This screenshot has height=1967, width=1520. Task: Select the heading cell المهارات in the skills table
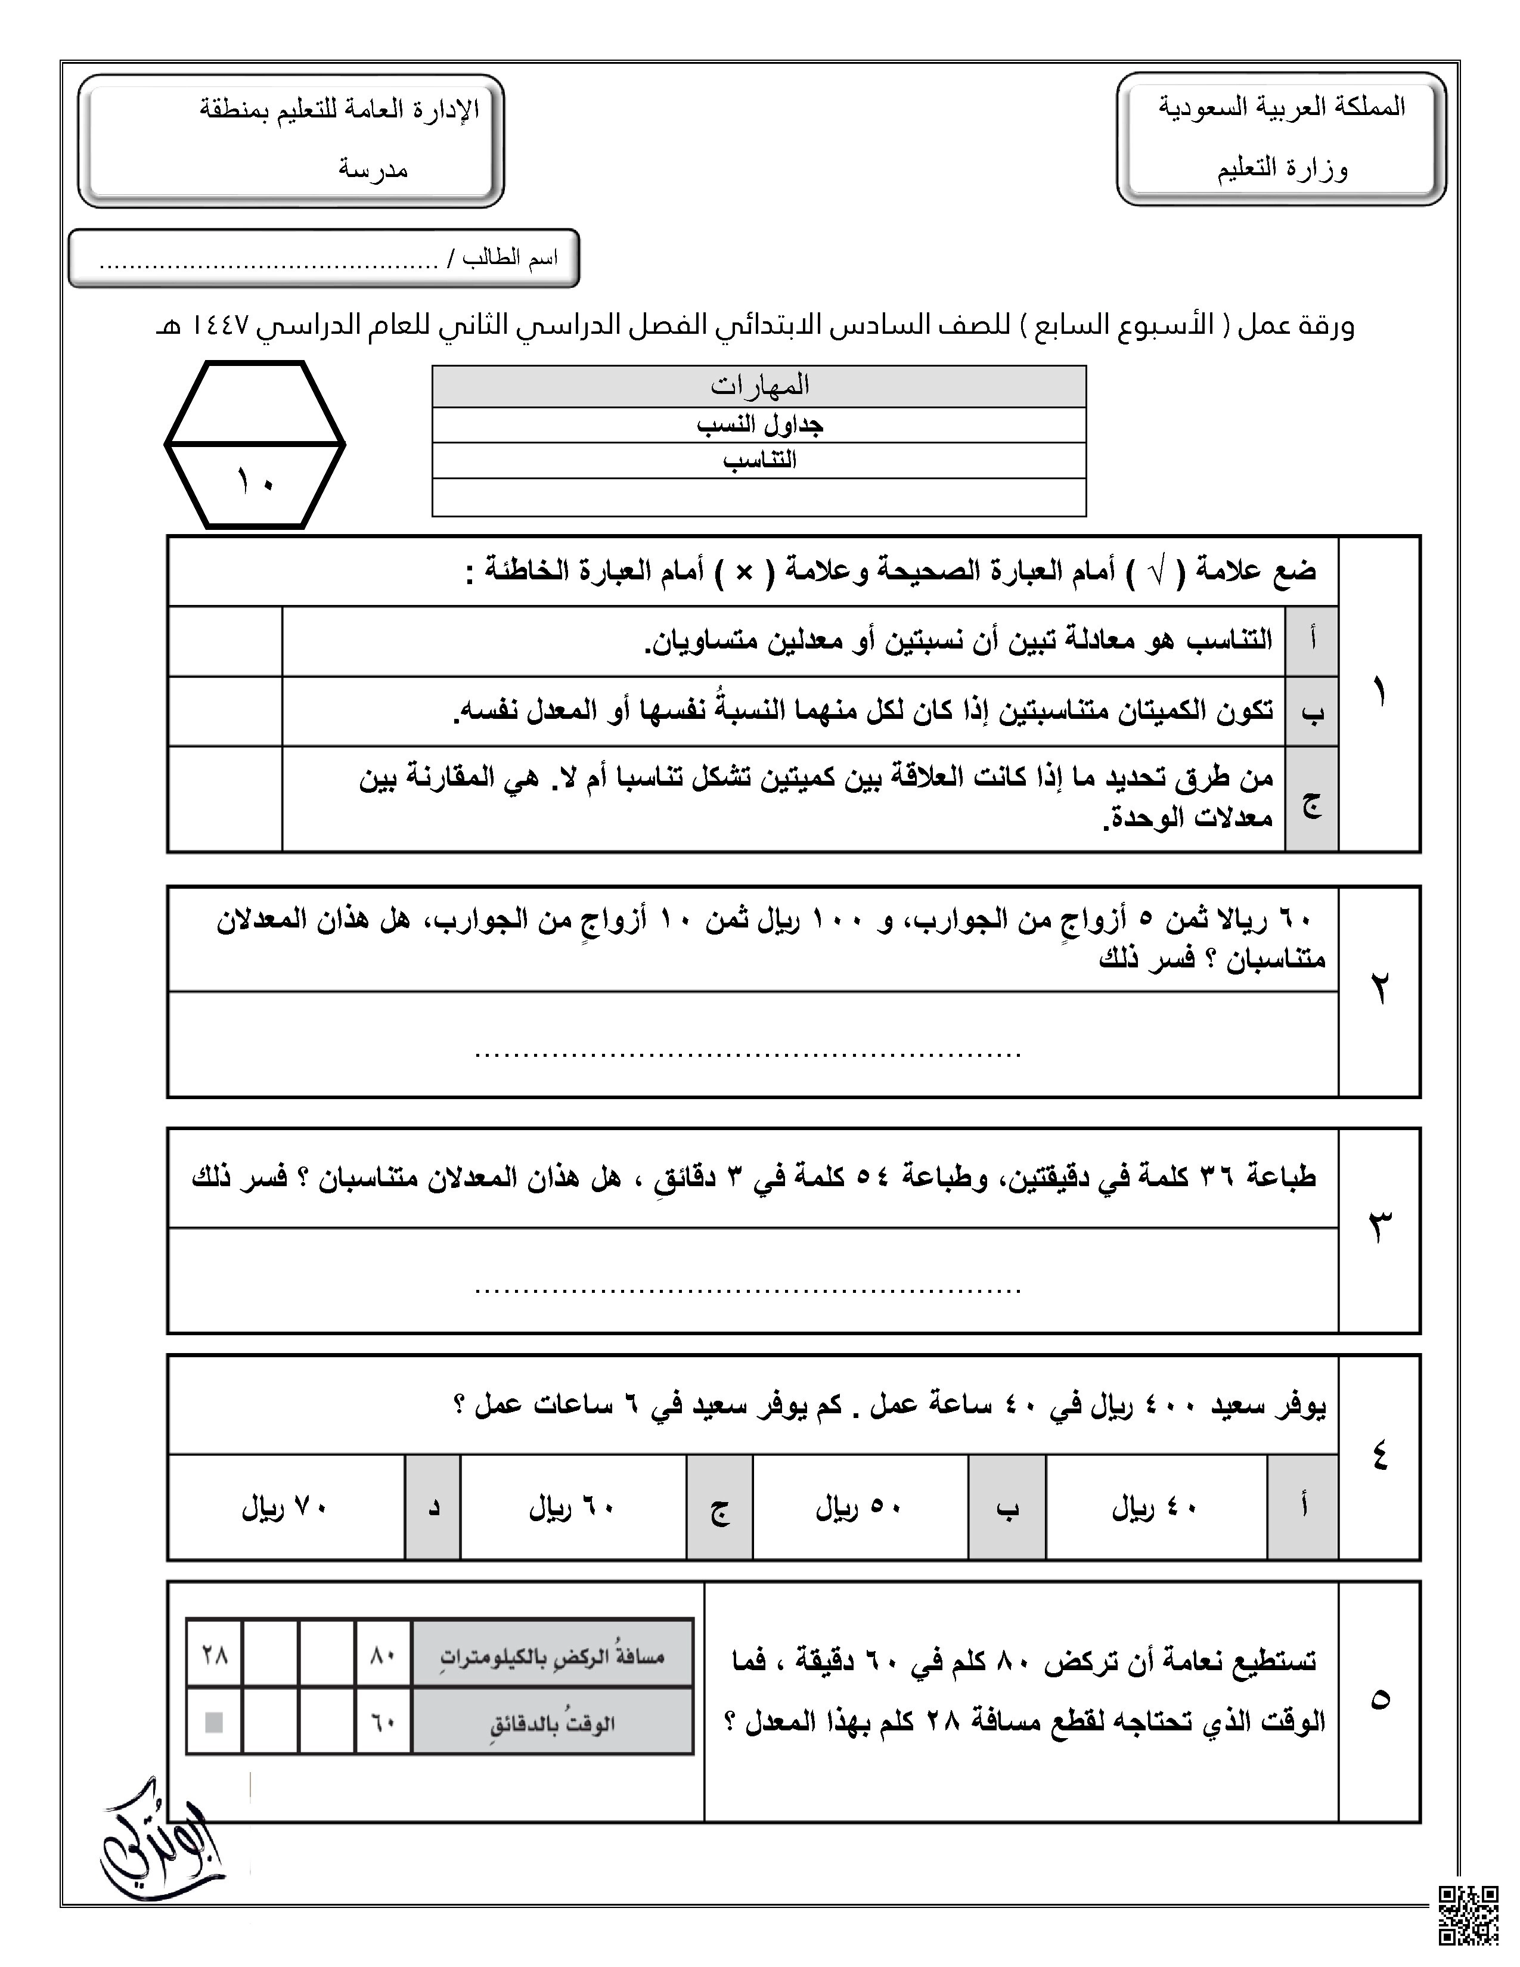(x=759, y=386)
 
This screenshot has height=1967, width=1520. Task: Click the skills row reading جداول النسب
(x=759, y=424)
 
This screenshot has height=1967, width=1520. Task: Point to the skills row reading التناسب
(x=759, y=460)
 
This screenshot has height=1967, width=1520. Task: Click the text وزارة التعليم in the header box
(x=1282, y=169)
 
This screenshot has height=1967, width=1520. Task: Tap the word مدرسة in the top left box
(x=373, y=169)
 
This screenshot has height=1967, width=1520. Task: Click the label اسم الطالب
(x=510, y=259)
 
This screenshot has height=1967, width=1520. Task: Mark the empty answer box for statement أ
(x=225, y=640)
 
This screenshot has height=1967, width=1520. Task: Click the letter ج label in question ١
(x=1312, y=800)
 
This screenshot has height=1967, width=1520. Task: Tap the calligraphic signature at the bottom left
(x=162, y=1833)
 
